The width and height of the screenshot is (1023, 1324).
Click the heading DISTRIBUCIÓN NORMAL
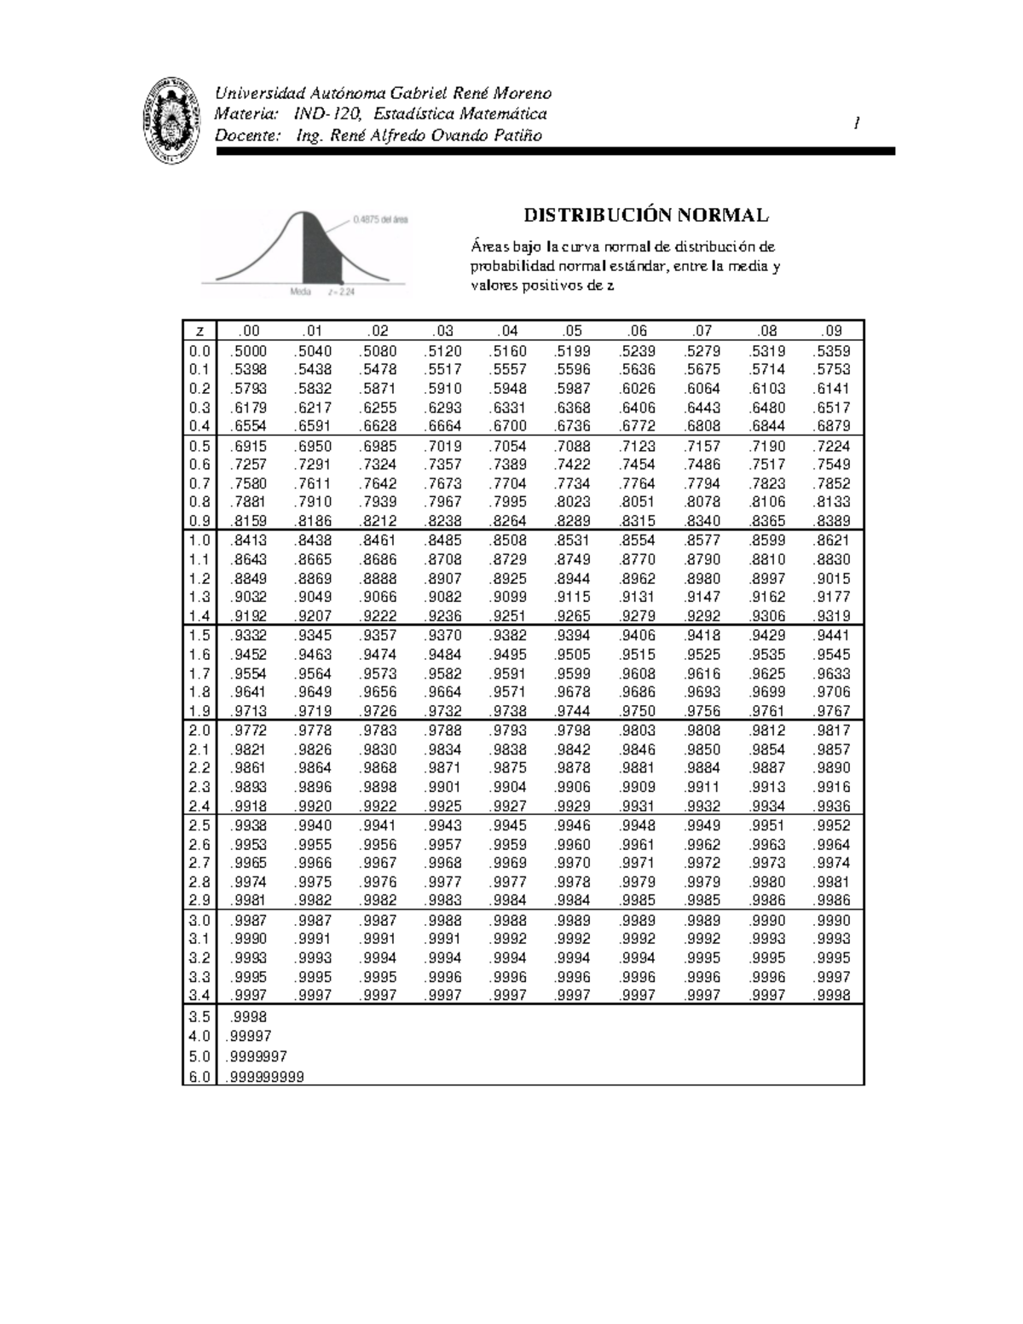[645, 215]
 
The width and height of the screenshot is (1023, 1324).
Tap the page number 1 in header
[856, 124]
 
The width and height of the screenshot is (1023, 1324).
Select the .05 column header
[571, 331]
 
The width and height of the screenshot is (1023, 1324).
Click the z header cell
[199, 331]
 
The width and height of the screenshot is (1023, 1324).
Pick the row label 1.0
[199, 541]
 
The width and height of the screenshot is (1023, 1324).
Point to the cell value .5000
[248, 351]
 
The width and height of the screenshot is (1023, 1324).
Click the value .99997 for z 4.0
[250, 1037]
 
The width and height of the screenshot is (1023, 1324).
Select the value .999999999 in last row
[265, 1078]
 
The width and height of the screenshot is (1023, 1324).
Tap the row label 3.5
[199, 1017]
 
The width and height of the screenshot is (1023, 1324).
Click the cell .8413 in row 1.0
[248, 541]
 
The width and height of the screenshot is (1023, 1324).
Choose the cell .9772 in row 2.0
[248, 731]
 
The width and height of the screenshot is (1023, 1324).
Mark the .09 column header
[831, 331]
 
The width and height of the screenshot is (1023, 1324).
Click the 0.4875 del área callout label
[380, 219]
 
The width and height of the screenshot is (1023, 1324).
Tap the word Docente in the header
[246, 136]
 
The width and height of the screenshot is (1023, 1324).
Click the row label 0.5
[199, 446]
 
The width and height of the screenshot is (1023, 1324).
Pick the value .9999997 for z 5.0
[257, 1057]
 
